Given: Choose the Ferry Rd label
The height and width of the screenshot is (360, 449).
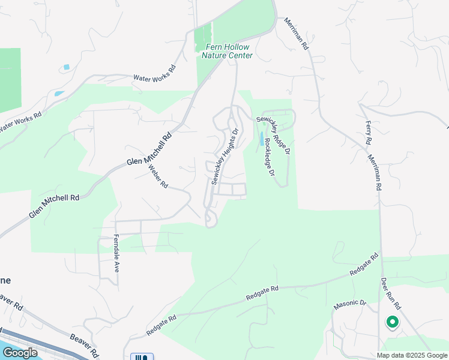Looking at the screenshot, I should coord(369,133).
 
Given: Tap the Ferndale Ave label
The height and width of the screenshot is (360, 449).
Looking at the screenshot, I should coord(116,253).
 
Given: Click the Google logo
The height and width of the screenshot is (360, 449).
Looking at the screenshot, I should coord(19,353).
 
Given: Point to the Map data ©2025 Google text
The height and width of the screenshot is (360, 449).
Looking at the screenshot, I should coord(413,355).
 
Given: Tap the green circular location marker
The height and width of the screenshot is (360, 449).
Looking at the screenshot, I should coord(392,323).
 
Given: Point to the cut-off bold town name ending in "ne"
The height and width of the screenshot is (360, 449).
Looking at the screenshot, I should coord(5,280).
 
